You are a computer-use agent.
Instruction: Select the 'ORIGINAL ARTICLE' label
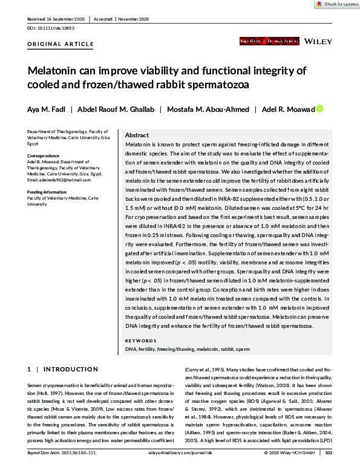point(61,44)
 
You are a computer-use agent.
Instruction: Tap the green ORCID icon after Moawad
point(319,109)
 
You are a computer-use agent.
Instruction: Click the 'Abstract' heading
point(137,135)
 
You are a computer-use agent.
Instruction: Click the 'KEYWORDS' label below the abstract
point(140,341)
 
